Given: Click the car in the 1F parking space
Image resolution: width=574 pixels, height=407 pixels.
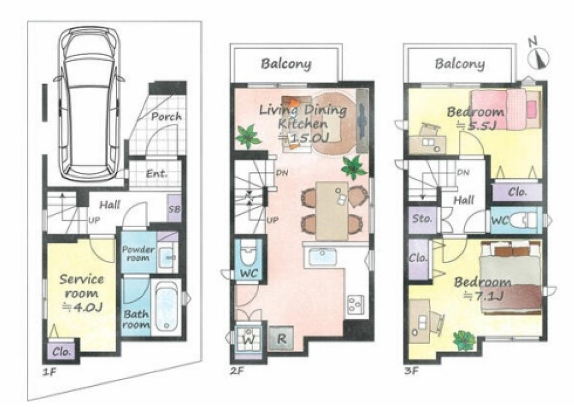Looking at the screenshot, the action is (90, 104).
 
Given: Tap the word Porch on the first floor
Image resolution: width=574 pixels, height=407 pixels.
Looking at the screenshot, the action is (166, 117).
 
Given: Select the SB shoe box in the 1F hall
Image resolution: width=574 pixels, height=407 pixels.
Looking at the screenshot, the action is (174, 209).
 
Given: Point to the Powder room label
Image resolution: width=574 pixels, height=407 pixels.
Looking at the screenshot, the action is (138, 253).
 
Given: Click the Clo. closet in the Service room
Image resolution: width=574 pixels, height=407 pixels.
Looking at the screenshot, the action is (61, 351).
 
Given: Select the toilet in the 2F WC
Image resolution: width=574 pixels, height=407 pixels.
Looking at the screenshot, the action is (249, 254).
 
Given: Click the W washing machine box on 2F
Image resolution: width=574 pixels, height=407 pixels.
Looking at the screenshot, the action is (249, 338).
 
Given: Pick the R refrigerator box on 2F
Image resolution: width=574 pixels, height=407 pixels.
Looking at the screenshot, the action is (281, 339).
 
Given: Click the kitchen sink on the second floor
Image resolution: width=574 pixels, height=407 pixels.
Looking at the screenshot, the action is (323, 256).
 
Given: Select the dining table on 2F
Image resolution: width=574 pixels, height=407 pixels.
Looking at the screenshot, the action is (332, 210).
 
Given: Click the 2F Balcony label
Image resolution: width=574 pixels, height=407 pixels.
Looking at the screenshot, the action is (286, 64).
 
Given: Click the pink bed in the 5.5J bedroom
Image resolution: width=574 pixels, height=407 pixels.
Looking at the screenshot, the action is (506, 109).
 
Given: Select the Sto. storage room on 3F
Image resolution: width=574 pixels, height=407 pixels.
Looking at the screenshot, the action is (422, 220).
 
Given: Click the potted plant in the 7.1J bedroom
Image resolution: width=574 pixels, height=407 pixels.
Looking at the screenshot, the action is (464, 340).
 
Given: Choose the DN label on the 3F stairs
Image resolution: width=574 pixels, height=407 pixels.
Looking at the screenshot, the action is (463, 172).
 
